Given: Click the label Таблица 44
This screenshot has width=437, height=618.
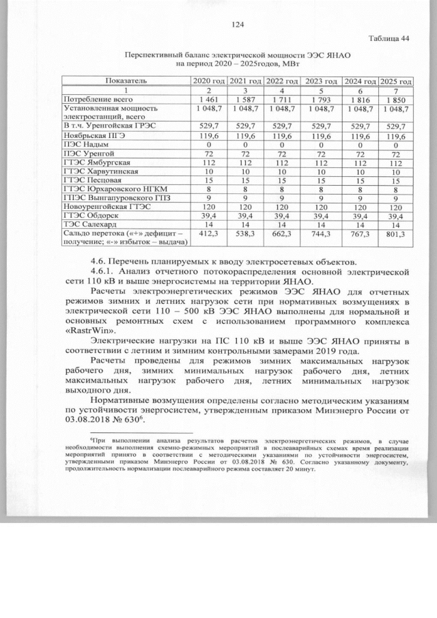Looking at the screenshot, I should (389, 38).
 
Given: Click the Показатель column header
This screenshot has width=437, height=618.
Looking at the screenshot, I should (127, 81).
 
